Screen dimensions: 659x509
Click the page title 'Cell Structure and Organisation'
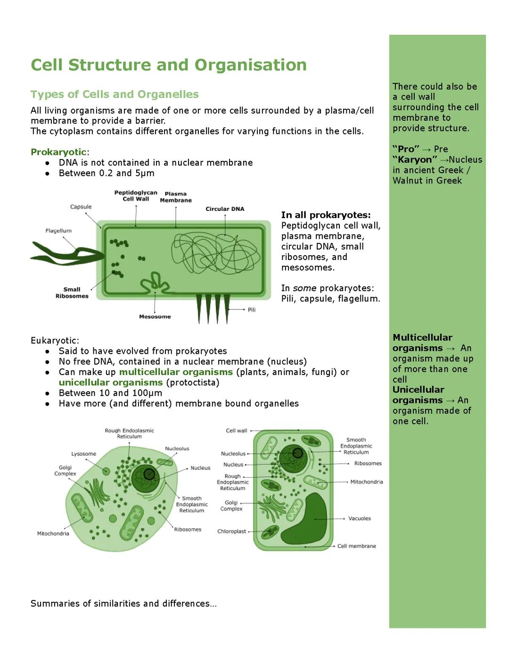tap(168, 65)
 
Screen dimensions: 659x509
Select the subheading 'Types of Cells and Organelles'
tap(115, 94)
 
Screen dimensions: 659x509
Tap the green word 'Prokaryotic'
tap(58, 152)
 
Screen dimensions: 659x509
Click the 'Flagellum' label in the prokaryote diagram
tap(58, 231)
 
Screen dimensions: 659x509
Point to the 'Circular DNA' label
tap(225, 209)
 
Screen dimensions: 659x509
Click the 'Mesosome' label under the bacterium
tap(155, 317)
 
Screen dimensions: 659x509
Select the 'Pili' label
tap(252, 310)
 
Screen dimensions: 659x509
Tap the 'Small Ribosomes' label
tap(72, 293)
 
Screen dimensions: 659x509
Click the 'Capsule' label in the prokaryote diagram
tap(81, 207)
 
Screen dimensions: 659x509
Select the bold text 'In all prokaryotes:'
tap(326, 215)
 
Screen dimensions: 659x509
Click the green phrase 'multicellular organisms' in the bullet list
tap(176, 372)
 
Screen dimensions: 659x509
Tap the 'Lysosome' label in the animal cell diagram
tap(83, 454)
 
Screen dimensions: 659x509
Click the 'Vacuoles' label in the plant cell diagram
tap(359, 518)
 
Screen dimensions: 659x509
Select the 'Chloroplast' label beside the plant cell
tap(231, 531)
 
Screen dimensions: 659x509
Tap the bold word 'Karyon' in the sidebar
tap(415, 160)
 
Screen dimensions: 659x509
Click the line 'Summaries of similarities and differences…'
tap(123, 604)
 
